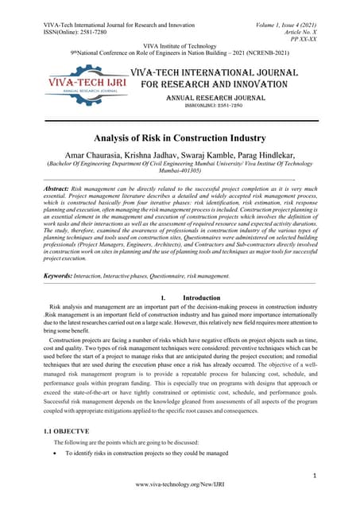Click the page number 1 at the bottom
tap(315, 475)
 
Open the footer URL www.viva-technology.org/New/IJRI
tap(180, 484)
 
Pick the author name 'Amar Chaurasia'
tap(92, 154)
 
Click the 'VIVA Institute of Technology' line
tap(180, 47)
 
